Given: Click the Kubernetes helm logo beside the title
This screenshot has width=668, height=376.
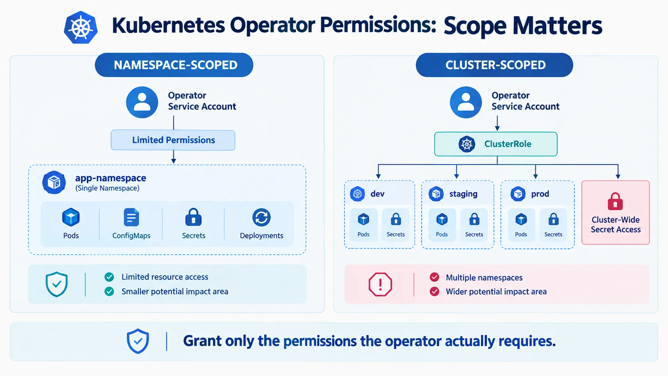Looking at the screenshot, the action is [x=81, y=28].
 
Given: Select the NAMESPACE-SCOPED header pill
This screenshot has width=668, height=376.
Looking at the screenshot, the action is [x=174, y=65].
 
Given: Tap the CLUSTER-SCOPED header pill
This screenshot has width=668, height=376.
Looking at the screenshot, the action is [x=495, y=65].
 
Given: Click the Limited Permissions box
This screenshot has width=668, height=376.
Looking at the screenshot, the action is [x=173, y=140].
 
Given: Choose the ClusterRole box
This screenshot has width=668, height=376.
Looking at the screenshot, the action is [x=496, y=144].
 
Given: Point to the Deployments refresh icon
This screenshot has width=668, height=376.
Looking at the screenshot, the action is [x=262, y=217].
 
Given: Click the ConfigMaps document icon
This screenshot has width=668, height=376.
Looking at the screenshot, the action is [x=131, y=217].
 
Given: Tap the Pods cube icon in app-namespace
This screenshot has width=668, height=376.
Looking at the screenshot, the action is [x=71, y=217].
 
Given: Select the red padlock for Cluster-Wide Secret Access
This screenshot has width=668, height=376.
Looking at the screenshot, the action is [x=615, y=201].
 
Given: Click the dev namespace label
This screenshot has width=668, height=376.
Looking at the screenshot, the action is [x=377, y=194].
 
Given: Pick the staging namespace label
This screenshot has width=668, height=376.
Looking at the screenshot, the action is [x=463, y=194].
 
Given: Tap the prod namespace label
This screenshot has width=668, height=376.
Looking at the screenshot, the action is [x=540, y=194].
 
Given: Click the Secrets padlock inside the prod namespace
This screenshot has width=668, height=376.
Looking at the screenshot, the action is [x=553, y=219].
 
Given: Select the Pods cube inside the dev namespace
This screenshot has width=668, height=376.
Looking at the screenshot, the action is [x=363, y=219].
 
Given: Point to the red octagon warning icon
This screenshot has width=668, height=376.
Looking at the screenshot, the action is [x=380, y=284].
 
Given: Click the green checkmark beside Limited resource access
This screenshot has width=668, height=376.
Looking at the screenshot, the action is [x=109, y=277].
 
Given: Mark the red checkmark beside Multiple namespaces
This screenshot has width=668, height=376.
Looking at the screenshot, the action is [x=434, y=277].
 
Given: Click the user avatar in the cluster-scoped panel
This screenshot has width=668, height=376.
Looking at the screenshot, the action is [x=466, y=102].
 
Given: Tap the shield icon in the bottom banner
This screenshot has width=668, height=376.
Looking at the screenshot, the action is [x=138, y=341].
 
